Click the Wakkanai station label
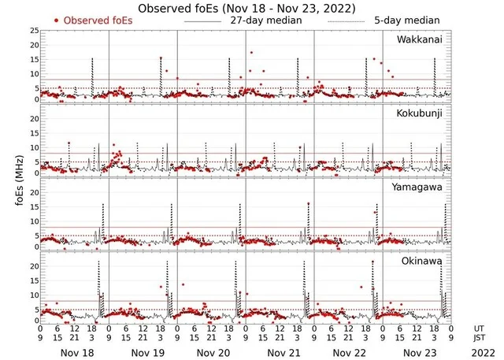[419, 39]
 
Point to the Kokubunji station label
[419, 113]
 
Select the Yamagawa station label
[418, 187]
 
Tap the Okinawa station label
[422, 259]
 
